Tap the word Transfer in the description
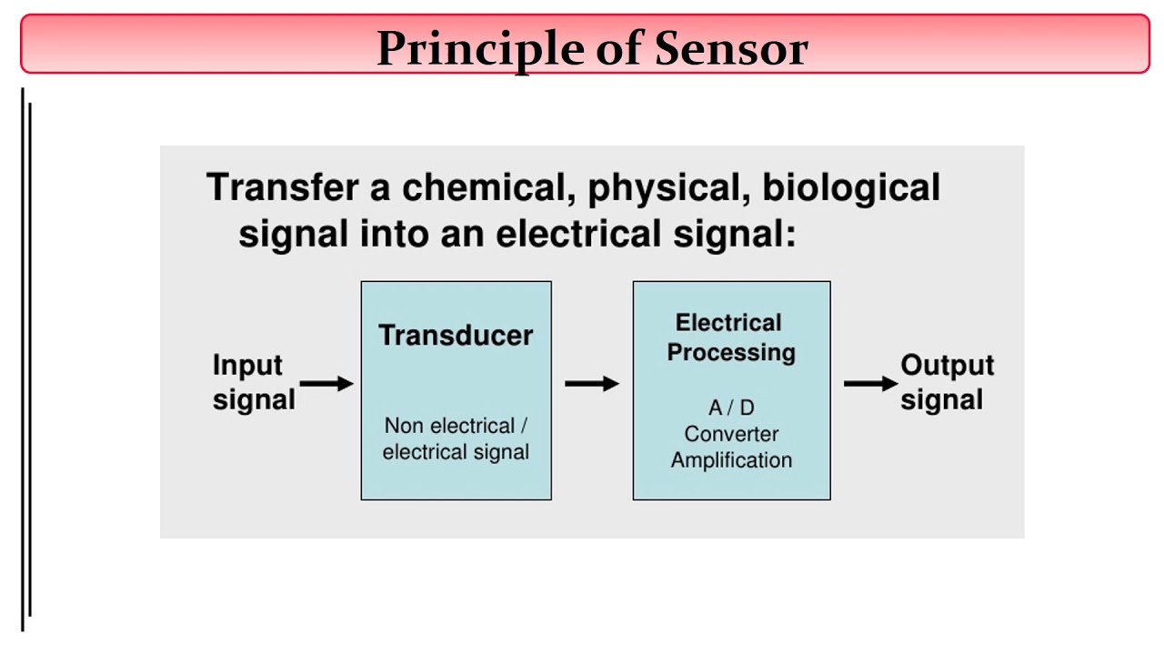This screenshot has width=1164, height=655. point(283,187)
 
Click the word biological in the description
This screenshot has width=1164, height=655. point(851,187)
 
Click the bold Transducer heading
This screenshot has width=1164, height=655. point(456,335)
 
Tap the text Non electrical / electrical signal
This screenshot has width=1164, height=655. point(456,438)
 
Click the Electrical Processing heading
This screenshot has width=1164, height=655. point(730,338)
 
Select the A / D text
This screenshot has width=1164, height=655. point(731,408)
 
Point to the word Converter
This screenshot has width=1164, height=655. point(731,434)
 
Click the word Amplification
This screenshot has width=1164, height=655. point(731,460)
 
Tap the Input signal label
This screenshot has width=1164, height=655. point(253,382)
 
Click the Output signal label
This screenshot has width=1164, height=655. point(946,382)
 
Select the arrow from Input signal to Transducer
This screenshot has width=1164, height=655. point(326,384)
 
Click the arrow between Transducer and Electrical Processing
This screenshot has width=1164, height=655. point(591,384)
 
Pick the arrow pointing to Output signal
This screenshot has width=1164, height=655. point(870,384)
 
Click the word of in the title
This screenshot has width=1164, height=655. point(618,48)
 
